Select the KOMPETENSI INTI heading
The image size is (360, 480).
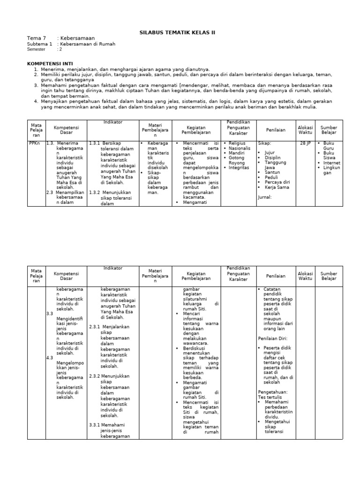point(52,62)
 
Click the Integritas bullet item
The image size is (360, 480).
point(239,167)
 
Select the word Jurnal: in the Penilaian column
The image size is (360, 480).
point(265,197)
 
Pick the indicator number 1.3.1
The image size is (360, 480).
point(95,143)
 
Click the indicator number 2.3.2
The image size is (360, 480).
point(95,376)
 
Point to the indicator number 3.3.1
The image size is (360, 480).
point(95,425)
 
